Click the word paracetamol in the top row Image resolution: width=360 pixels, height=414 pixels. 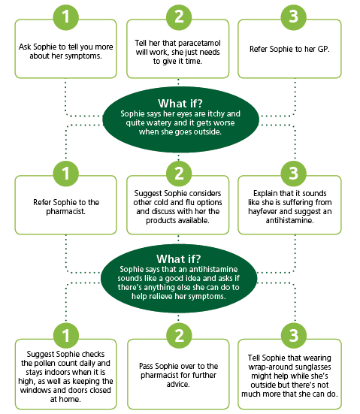point(198,43)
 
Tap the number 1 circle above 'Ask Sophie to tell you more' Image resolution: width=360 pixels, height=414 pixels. point(66,17)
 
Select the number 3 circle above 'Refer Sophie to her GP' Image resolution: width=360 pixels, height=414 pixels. point(293,17)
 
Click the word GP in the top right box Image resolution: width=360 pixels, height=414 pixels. point(322,49)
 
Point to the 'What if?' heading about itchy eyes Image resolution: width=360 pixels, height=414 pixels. point(180,103)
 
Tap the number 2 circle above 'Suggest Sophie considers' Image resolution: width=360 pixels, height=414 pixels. point(179,174)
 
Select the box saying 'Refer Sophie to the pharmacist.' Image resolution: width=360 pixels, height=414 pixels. point(66,205)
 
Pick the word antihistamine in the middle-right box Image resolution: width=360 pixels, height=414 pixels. point(290,220)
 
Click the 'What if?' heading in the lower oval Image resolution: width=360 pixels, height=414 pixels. point(179,258)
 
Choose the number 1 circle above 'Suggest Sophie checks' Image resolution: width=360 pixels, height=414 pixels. point(66,335)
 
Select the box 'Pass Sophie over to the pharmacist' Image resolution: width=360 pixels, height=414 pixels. point(178,374)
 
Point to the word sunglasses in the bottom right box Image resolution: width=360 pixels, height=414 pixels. point(312,367)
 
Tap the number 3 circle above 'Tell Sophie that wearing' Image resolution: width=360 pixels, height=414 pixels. point(293,335)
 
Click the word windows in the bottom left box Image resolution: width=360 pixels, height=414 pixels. point(35,390)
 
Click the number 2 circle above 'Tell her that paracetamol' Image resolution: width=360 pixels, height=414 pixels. point(179,17)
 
